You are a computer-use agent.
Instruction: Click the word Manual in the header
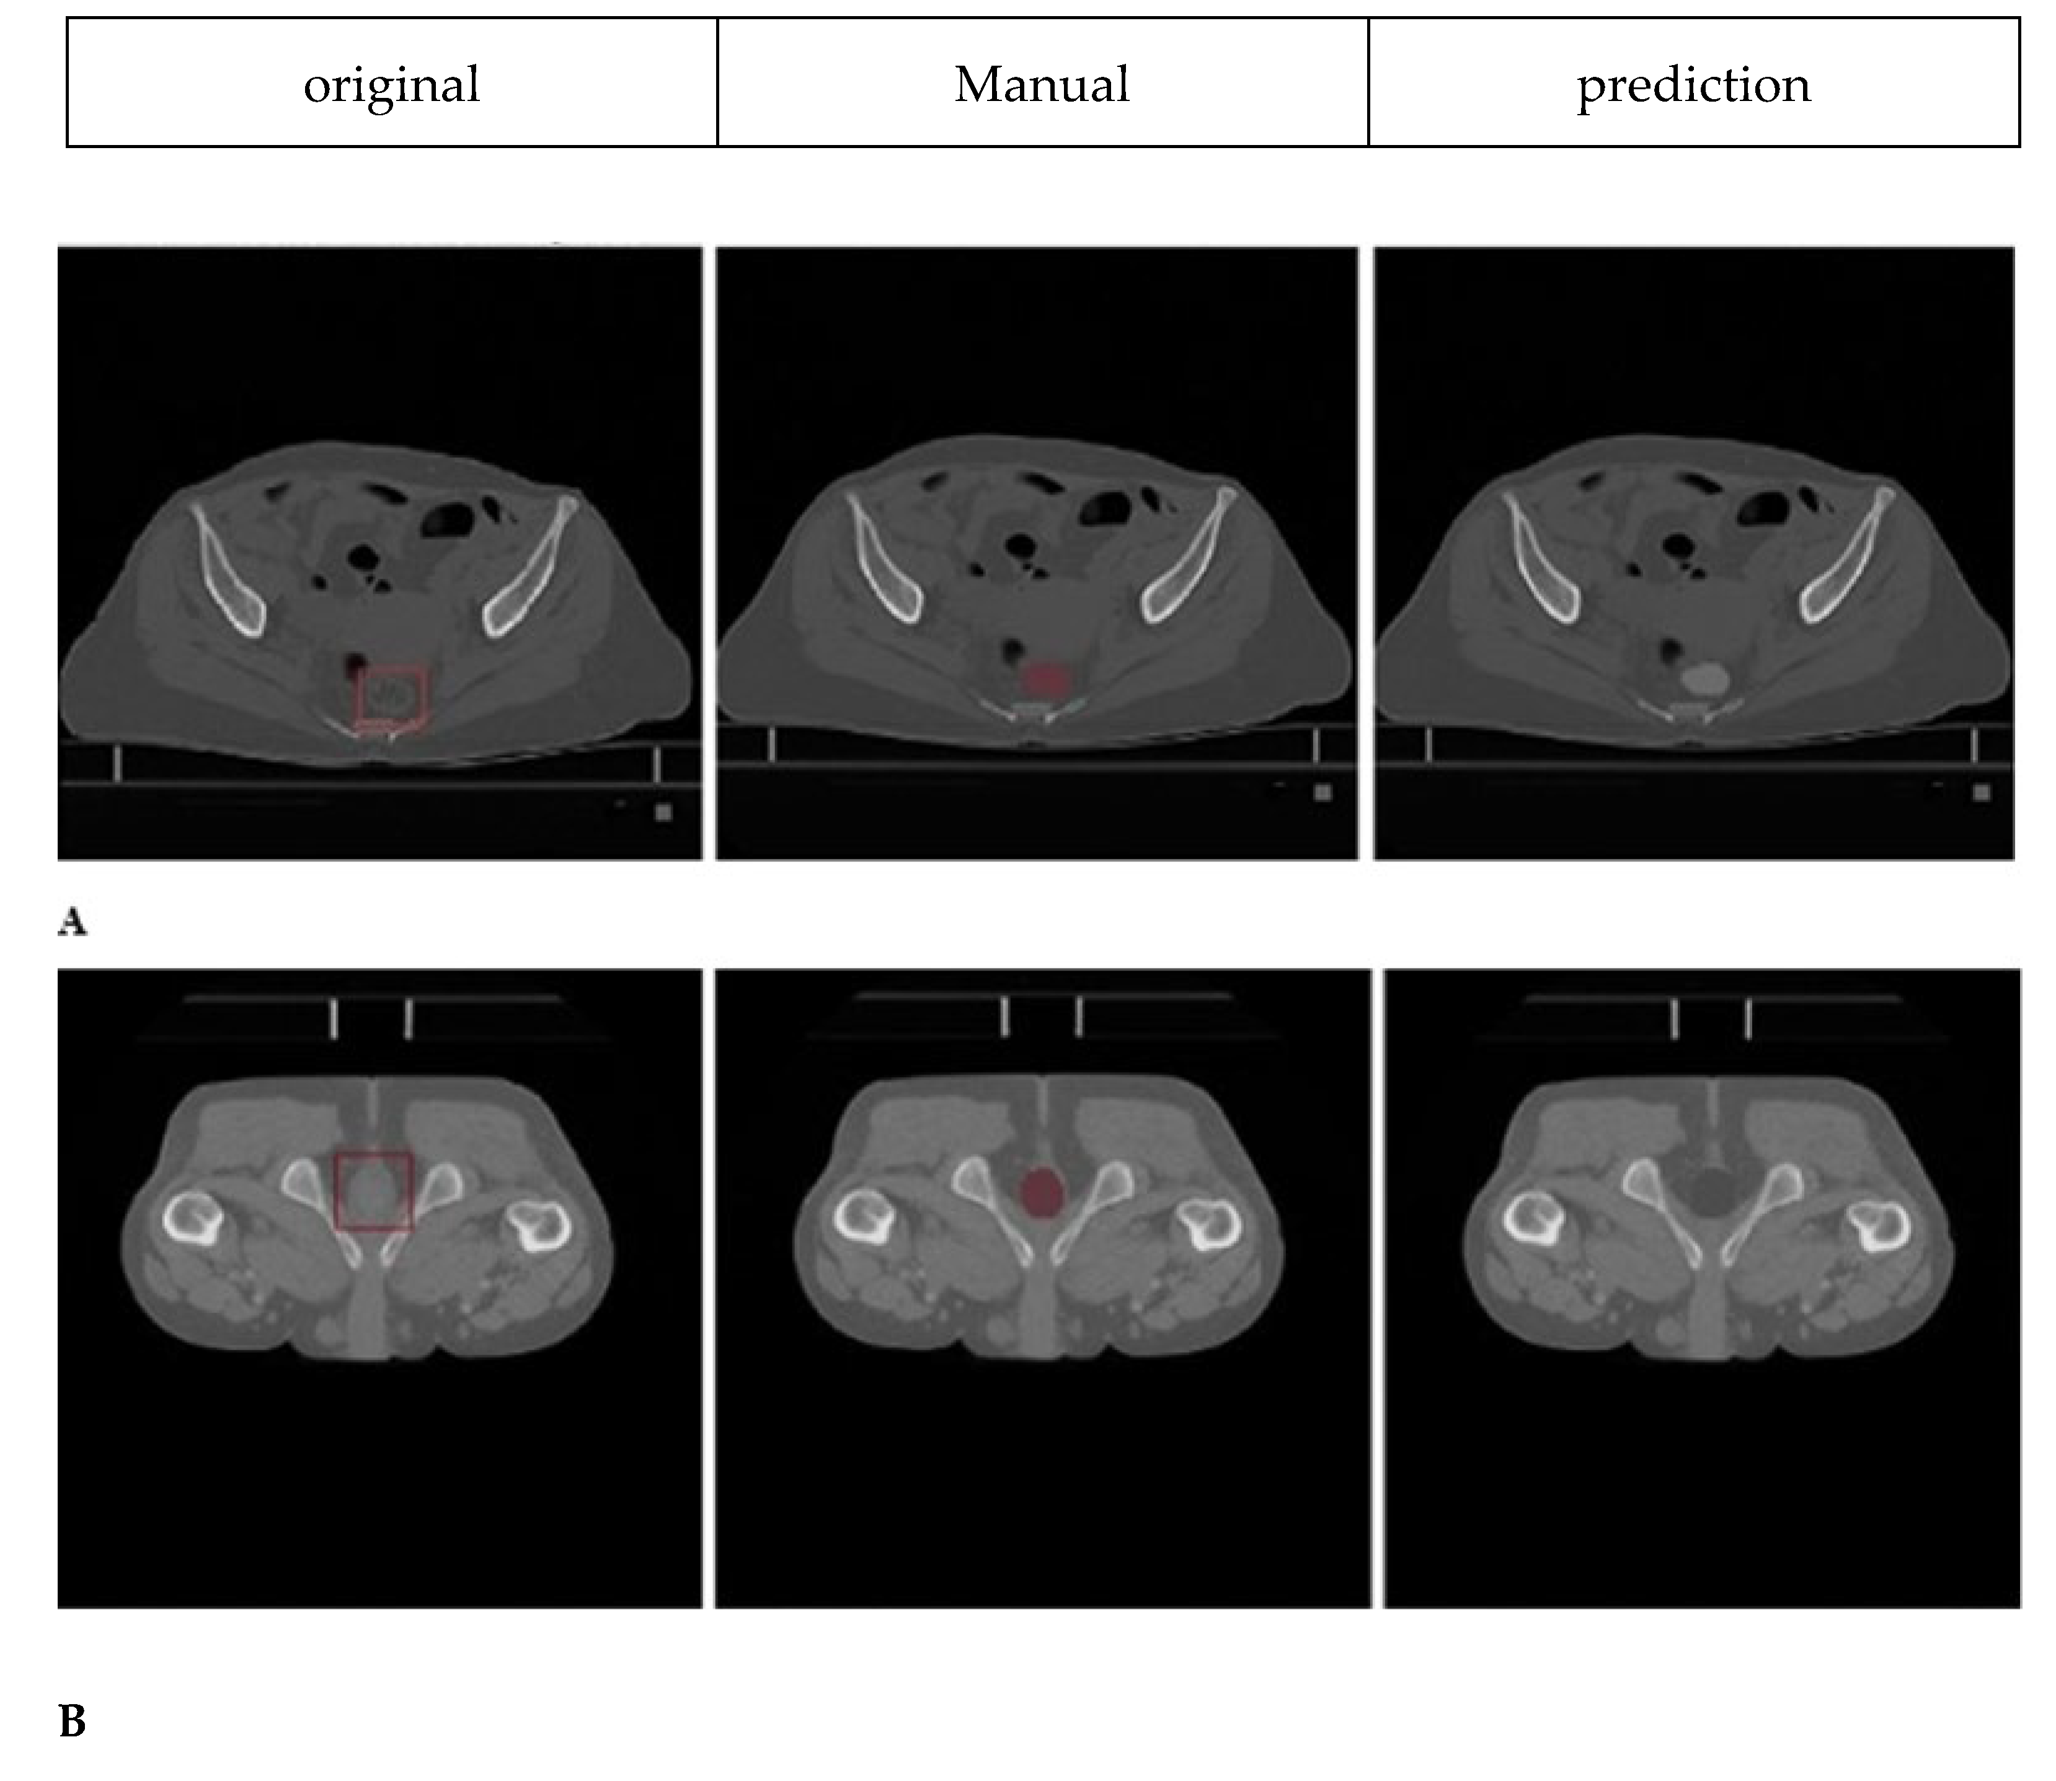1041,84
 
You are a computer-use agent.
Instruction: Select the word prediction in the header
1693,84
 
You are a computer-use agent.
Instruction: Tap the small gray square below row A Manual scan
1323,792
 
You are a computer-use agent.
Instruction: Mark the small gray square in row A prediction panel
1982,792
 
